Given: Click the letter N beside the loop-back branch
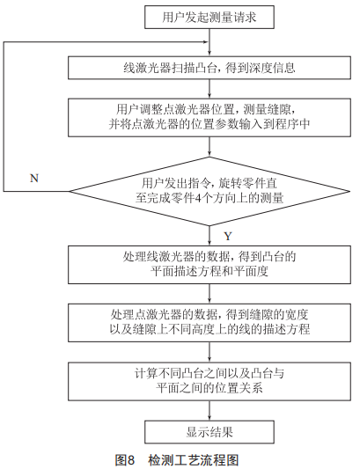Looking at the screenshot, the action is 34,179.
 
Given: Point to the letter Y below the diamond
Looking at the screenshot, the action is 228,237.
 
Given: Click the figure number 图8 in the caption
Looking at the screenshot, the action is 125,459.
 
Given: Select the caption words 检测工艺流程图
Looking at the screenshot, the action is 194,459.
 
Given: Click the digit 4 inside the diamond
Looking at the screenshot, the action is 197,198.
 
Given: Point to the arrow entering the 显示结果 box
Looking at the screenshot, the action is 209,410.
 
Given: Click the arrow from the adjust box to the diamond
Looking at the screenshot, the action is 209,147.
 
